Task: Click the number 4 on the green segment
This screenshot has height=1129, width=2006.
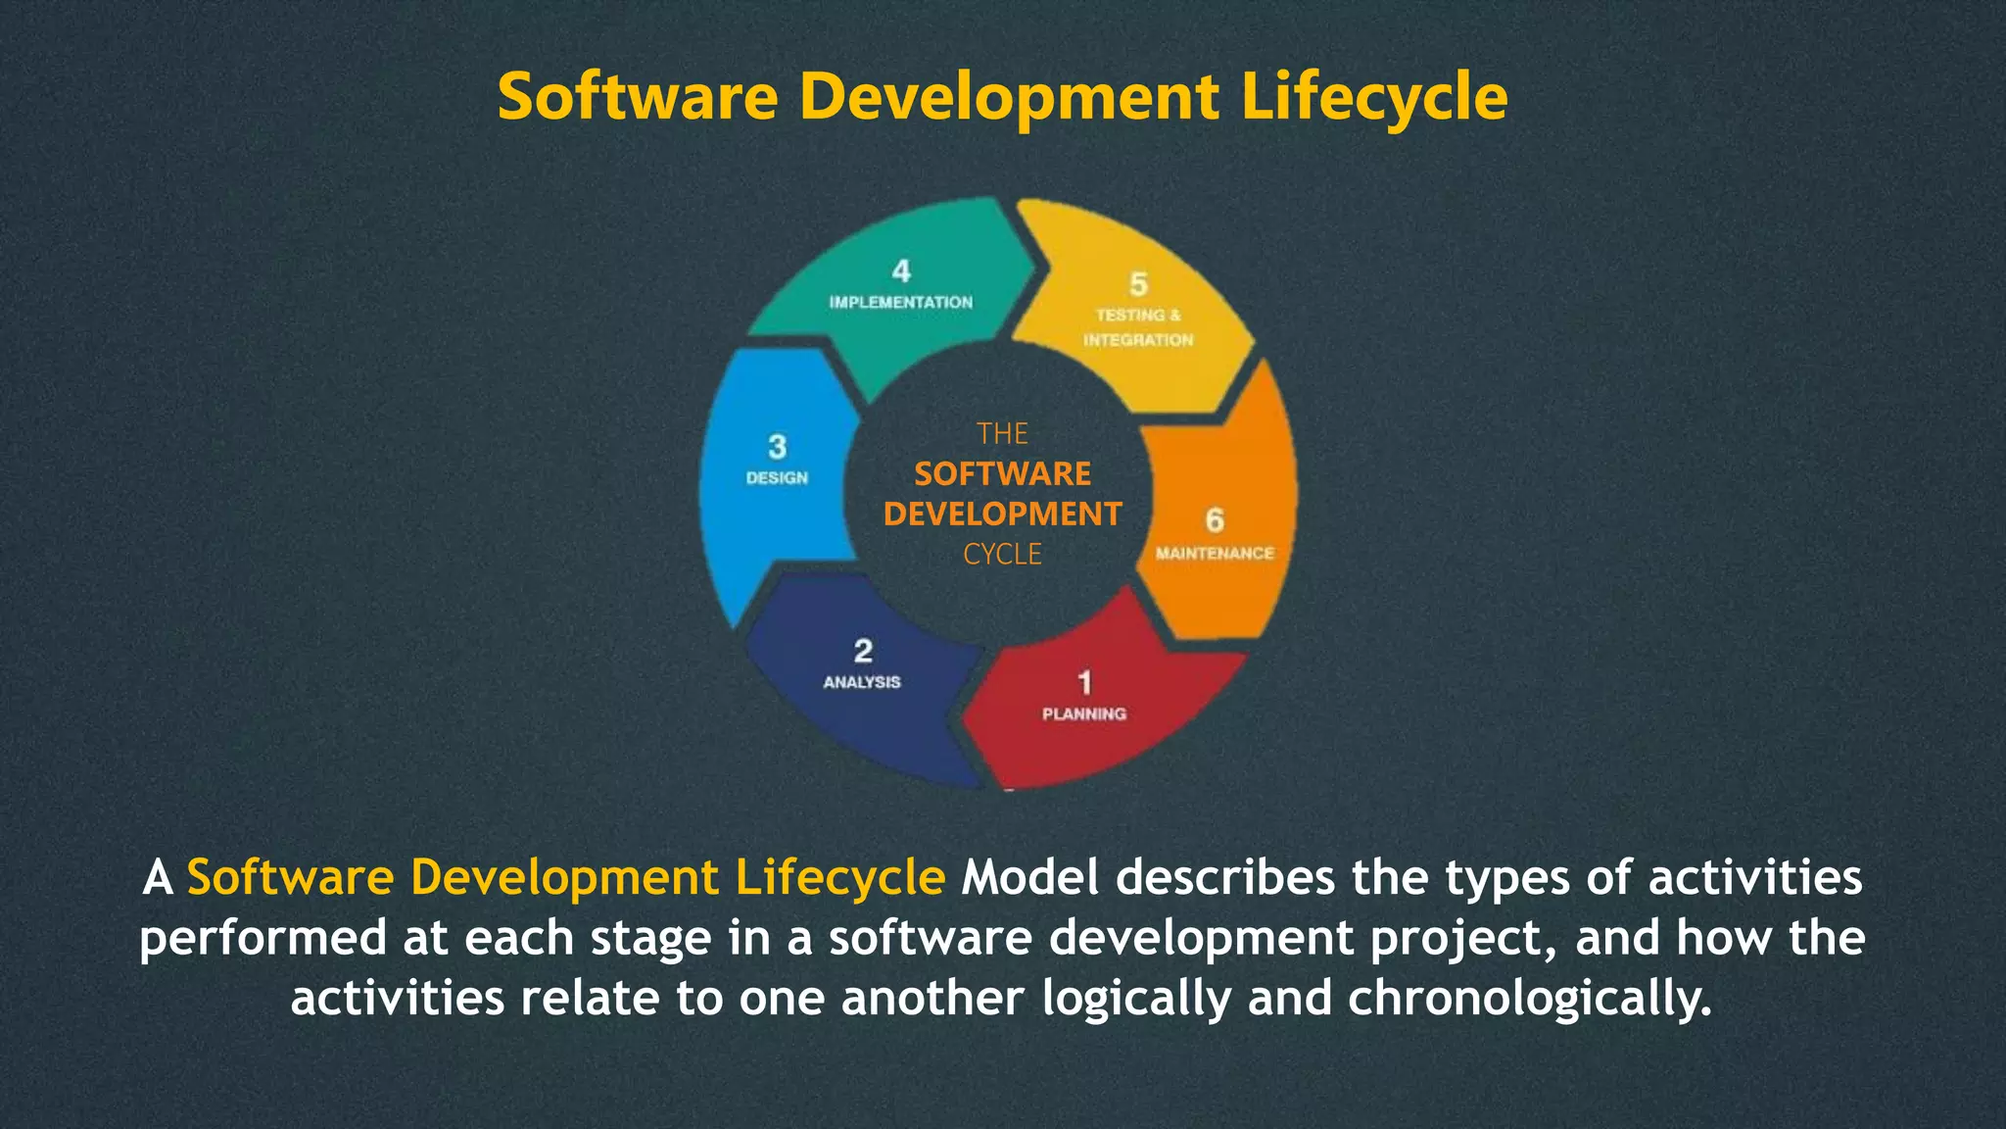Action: [x=901, y=271]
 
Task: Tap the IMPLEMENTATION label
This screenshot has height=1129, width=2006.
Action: [x=901, y=303]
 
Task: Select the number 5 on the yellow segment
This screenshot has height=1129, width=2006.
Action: [x=1138, y=284]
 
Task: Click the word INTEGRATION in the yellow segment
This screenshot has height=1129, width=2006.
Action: [x=1138, y=340]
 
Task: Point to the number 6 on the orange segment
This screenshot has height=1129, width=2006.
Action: [x=1215, y=520]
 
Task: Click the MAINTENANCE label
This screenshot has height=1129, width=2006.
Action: [x=1215, y=554]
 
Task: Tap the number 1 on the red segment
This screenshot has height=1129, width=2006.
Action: [x=1084, y=682]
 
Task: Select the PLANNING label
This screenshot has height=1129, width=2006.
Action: [x=1084, y=714]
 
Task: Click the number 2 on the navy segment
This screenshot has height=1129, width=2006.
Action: [x=863, y=651]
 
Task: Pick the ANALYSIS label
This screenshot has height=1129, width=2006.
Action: [x=862, y=682]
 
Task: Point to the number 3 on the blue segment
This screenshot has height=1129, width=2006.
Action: [x=778, y=447]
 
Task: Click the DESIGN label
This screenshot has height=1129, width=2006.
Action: [x=777, y=478]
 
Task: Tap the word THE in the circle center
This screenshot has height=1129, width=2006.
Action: [x=1002, y=434]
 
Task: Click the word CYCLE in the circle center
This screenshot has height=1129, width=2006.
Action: [x=1002, y=555]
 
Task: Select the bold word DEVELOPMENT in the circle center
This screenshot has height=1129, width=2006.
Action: [x=1002, y=515]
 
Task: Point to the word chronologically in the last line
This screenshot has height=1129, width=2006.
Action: [x=1529, y=999]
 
